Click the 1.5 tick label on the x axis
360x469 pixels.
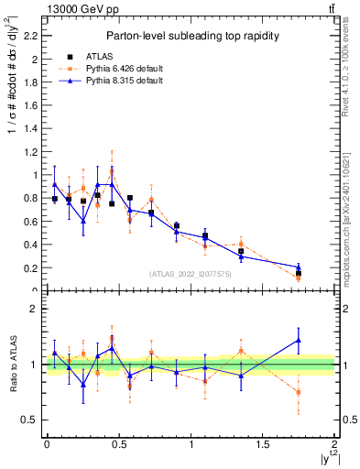[x=263, y=444]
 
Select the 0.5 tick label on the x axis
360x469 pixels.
[x=118, y=444]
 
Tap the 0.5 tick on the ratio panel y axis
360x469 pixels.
[x=33, y=420]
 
